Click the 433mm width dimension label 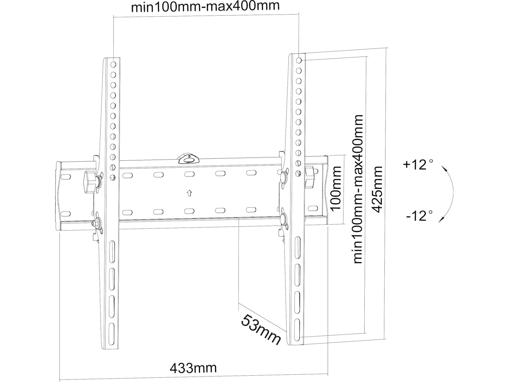(193, 367)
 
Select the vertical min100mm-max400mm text (358, 189)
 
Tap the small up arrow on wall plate (189, 193)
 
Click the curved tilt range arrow (450, 192)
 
